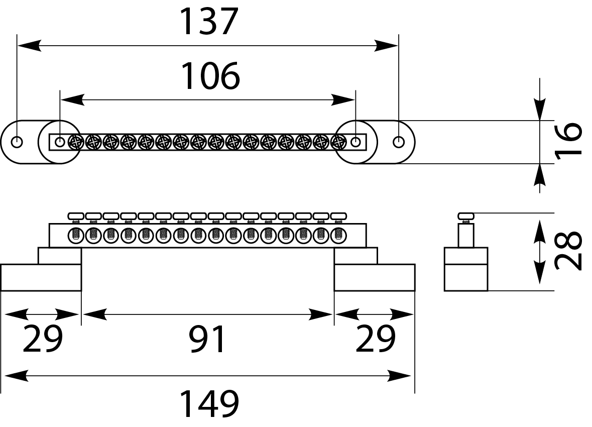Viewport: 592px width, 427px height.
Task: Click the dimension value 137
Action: (x=208, y=22)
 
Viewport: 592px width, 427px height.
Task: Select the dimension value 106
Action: (x=210, y=76)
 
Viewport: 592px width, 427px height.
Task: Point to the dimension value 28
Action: (x=569, y=251)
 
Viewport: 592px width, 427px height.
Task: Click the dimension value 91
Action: (x=207, y=340)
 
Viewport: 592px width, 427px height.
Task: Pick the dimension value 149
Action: (x=209, y=404)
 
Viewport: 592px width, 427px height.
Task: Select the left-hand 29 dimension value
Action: (x=43, y=340)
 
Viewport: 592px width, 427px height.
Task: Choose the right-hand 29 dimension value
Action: (x=375, y=340)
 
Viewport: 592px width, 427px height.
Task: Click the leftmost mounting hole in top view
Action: (x=17, y=142)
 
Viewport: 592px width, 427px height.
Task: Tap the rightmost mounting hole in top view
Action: (x=399, y=142)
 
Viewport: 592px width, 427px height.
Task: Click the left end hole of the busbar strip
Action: (x=60, y=142)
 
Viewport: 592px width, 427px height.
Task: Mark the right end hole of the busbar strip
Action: (x=356, y=142)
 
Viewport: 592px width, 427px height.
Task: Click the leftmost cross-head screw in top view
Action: (x=76, y=142)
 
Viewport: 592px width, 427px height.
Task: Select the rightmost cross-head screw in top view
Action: (x=338, y=142)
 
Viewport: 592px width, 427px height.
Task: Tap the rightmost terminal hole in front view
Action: (x=338, y=235)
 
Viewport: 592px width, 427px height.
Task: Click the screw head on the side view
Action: (x=466, y=217)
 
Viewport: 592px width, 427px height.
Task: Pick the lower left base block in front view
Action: (x=41, y=277)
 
